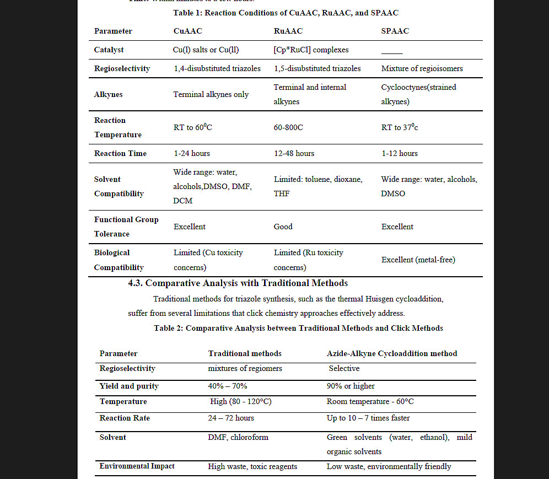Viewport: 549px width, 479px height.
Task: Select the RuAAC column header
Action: click(288, 31)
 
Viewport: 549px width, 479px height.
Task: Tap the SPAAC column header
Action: click(395, 31)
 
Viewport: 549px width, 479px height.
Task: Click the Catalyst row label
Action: click(109, 50)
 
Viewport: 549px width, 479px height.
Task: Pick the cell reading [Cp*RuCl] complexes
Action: click(311, 50)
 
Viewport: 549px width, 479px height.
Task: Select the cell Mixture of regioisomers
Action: click(422, 69)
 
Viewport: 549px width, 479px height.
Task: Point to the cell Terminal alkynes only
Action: click(211, 95)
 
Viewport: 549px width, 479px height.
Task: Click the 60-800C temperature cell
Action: click(288, 128)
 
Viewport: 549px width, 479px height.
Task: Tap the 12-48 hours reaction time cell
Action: click(294, 154)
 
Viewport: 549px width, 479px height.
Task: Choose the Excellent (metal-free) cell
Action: click(418, 260)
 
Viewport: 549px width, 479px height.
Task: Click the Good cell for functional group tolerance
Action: click(283, 227)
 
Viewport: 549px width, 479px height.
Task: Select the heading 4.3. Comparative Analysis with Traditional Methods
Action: click(238, 283)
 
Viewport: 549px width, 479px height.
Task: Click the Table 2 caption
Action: click(298, 329)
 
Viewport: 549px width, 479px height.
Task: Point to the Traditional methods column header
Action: click(245, 354)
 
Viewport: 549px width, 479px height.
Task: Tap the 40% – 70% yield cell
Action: click(228, 386)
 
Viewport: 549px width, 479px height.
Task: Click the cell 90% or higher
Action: click(351, 386)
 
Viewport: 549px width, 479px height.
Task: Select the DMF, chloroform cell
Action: click(238, 438)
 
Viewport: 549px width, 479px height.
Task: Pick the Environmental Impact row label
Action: click(137, 466)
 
